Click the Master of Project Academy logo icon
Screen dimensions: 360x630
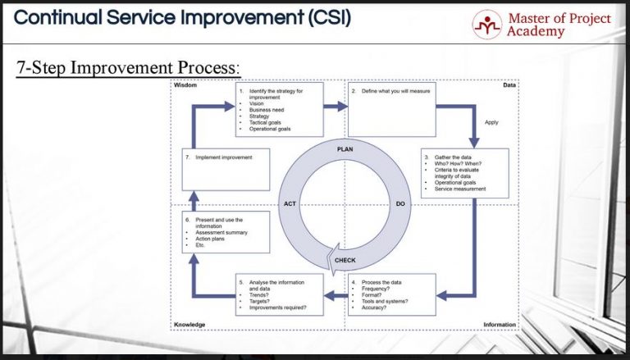coord(486,24)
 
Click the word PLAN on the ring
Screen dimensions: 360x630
coord(345,148)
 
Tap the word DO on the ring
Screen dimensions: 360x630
coord(400,203)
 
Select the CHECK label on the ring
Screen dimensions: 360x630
coord(345,261)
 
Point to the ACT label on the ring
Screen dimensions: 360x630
coord(290,203)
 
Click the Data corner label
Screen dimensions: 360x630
coord(509,85)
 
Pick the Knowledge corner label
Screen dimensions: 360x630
coord(190,325)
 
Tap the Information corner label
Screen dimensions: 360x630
coord(499,325)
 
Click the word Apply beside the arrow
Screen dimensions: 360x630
coord(491,122)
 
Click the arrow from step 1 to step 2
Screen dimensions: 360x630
coord(336,106)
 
